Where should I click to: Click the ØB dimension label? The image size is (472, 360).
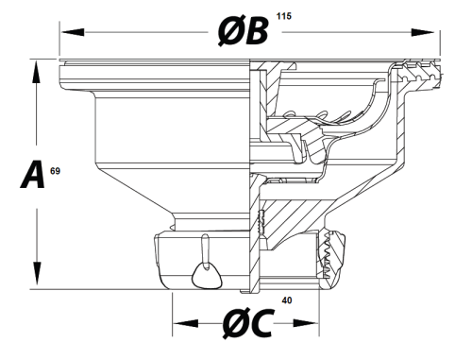tap(244, 31)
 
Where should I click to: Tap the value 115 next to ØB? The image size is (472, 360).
tap(284, 16)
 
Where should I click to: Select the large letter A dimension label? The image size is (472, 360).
tap(32, 174)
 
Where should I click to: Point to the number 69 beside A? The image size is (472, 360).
tap(55, 171)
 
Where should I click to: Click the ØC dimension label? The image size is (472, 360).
tap(247, 323)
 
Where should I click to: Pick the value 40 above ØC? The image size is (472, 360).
tap(287, 300)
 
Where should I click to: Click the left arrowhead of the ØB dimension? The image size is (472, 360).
tap(73, 32)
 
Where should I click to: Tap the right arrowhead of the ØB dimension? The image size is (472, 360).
tap(423, 32)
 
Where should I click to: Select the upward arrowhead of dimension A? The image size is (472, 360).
tap(37, 72)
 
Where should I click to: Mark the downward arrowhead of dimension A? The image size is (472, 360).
tap(38, 273)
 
